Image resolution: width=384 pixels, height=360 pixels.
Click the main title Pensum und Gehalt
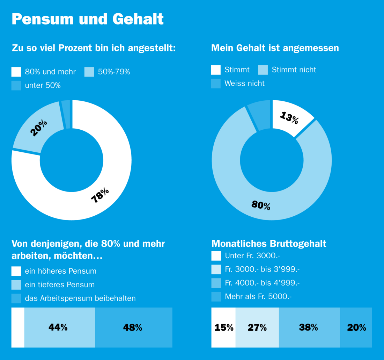click(88, 19)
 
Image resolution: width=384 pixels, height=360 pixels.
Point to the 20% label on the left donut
click(38, 128)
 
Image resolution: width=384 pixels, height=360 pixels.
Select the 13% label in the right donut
click(289, 118)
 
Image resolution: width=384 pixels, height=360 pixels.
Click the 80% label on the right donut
click(261, 205)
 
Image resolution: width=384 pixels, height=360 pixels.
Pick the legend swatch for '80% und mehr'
click(16, 72)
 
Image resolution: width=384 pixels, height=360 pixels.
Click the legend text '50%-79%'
click(114, 72)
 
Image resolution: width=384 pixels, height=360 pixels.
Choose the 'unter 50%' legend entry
click(43, 85)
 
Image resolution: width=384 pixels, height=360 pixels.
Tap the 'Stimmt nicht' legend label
click(294, 70)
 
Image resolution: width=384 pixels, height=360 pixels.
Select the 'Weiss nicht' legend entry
click(244, 83)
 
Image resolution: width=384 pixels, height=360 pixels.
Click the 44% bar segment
click(58, 327)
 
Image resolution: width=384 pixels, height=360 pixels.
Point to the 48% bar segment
click(133, 327)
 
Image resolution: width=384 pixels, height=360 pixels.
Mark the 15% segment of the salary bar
click(224, 327)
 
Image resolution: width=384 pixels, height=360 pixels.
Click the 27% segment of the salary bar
click(257, 327)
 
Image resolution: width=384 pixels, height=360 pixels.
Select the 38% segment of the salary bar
click(309, 327)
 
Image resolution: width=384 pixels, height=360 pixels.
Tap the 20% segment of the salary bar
click(356, 327)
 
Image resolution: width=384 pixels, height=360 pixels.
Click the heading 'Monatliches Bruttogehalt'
click(269, 243)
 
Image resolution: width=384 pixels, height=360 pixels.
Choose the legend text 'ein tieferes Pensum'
click(60, 285)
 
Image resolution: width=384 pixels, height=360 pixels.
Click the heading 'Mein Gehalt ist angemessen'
click(275, 48)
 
